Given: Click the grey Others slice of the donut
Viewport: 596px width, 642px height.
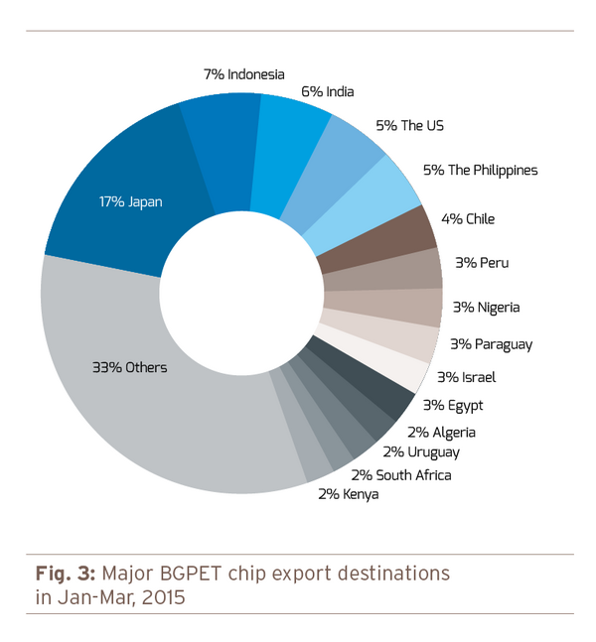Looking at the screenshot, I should tap(129, 397).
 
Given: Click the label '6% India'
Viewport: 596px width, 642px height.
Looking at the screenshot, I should tap(327, 92).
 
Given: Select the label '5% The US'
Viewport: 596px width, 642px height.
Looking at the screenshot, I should tap(409, 126).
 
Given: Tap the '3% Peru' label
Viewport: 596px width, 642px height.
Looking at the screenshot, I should tap(481, 263).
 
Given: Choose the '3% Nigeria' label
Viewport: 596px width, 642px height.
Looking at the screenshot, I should tap(486, 307).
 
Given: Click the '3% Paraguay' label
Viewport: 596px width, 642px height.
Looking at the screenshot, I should tap(491, 344).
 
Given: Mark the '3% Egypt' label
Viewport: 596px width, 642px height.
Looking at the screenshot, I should tap(453, 405).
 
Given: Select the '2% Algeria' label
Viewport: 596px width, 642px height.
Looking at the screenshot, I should tap(441, 432).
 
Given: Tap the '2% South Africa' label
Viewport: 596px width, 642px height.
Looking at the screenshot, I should tap(400, 475).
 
